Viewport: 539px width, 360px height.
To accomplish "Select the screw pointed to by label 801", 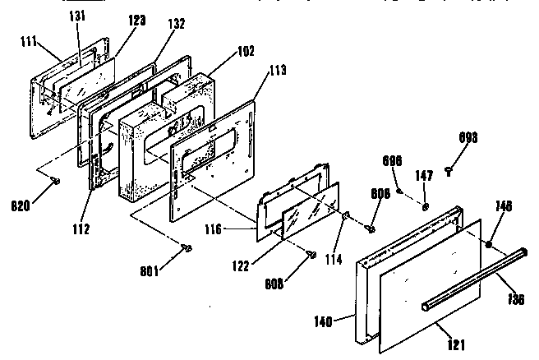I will point(187,247).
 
